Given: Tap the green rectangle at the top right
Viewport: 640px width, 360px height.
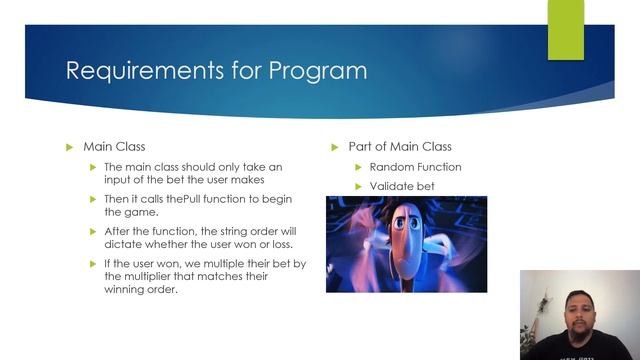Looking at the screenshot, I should coord(565,30).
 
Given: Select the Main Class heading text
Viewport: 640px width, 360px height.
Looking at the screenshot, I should coord(115,147).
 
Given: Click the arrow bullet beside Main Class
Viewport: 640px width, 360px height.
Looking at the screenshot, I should coord(69,147).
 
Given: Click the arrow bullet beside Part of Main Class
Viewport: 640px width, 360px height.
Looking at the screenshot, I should coord(336,147).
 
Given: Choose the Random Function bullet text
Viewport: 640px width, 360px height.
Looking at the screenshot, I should coord(415,167).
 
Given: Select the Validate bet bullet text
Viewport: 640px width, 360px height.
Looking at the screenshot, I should coord(402,187).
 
